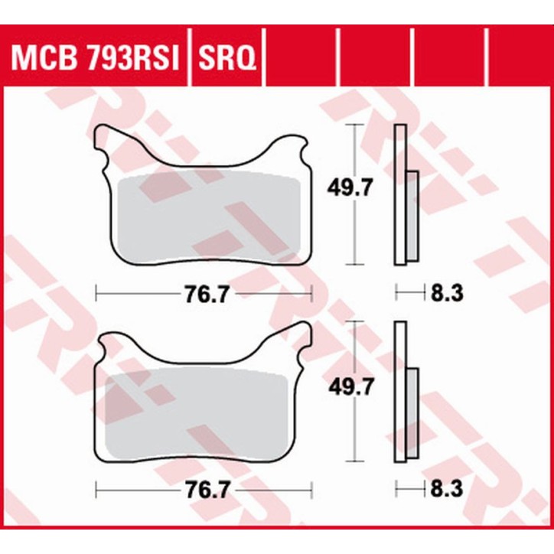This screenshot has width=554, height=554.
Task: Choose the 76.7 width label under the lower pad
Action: click(205, 489)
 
